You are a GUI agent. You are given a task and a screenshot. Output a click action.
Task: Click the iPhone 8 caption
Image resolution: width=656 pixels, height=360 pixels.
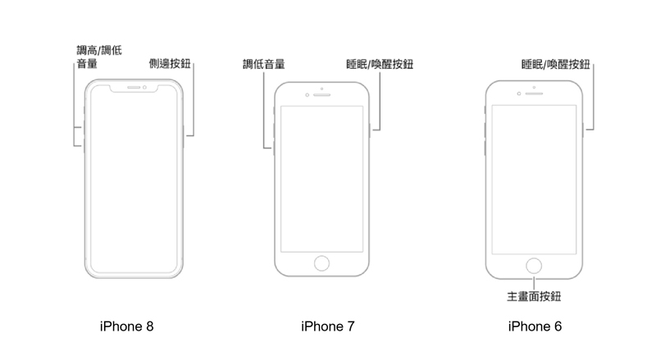(127, 326)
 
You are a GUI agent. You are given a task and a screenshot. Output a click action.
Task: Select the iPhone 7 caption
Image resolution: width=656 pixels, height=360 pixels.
(327, 326)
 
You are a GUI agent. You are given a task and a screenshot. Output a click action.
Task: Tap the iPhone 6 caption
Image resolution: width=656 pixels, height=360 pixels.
(535, 326)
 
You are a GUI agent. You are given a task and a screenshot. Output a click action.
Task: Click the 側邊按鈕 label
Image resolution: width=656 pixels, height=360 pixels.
(170, 64)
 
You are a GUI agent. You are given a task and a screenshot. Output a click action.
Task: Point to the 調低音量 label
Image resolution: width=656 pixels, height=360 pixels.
(263, 64)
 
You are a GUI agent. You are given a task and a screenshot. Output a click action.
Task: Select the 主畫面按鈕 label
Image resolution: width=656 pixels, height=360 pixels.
(534, 296)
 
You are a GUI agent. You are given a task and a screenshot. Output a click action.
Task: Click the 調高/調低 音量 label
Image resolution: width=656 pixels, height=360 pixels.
(99, 57)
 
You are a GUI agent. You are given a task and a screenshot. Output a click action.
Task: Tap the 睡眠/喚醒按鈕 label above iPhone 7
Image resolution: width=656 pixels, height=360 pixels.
(380, 64)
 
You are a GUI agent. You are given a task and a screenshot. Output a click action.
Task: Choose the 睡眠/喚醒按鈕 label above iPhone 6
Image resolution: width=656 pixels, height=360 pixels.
(556, 64)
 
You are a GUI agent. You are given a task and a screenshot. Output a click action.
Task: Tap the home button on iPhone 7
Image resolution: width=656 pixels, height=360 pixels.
(321, 263)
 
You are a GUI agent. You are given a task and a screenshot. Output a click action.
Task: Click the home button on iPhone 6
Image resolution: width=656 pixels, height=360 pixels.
(534, 266)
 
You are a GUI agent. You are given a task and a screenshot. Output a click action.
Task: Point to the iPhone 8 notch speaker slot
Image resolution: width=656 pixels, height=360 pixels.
(134, 88)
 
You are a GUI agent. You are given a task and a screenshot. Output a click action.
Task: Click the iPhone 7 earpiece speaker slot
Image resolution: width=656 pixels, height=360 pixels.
(322, 95)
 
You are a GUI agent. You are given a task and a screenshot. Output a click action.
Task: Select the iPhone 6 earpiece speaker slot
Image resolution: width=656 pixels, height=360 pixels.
(535, 93)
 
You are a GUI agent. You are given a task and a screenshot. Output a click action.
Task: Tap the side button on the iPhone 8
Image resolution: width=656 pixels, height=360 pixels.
(184, 136)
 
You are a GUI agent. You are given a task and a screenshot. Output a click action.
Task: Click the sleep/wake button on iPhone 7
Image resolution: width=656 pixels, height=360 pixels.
(370, 130)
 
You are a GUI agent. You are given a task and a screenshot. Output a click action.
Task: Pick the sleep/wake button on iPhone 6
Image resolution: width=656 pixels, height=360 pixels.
(583, 130)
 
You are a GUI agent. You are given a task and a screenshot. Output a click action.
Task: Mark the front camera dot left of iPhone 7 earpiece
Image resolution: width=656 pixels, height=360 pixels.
(307, 95)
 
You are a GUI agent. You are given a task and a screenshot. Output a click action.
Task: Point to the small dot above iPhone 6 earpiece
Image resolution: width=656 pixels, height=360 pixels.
(535, 87)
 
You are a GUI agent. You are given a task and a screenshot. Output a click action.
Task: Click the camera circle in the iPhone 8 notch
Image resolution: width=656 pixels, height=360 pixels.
(144, 88)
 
